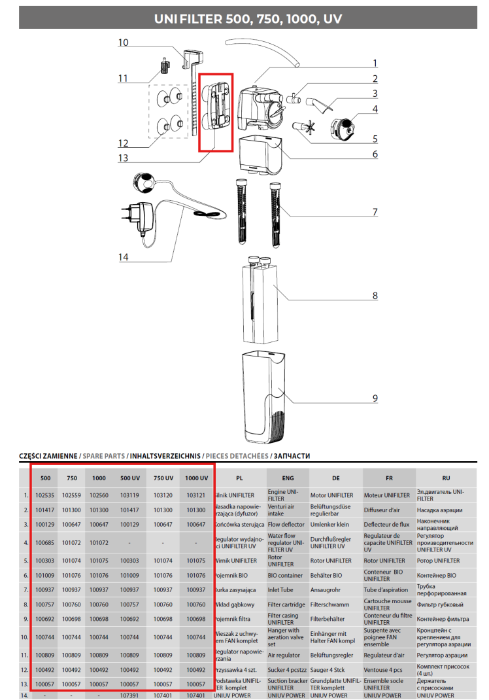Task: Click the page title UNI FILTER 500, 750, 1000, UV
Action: tap(244, 19)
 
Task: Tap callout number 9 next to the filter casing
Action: tap(375, 398)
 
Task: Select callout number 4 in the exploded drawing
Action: tap(375, 109)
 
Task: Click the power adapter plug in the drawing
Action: tap(138, 215)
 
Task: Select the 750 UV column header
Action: tap(162, 478)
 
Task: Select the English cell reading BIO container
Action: tap(285, 576)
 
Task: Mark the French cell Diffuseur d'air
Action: tap(382, 510)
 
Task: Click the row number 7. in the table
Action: tap(25, 590)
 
